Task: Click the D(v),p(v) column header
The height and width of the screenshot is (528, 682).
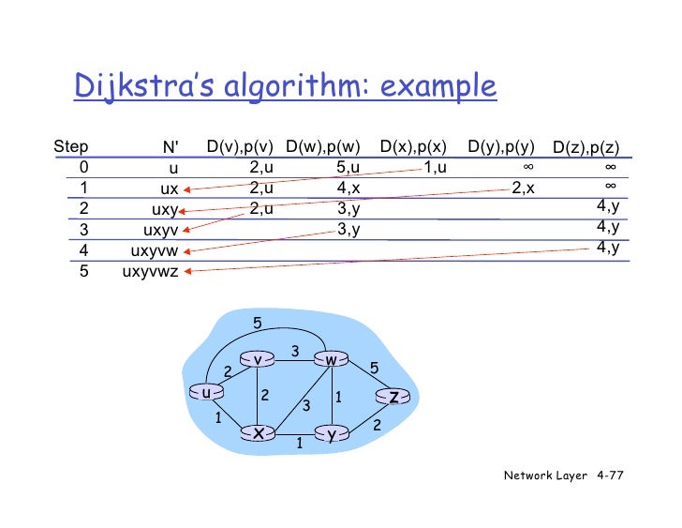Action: (240, 146)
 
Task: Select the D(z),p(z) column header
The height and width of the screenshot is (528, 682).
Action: (586, 147)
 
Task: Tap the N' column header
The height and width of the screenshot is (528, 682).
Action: (170, 147)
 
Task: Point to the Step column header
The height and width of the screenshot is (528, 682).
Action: (71, 147)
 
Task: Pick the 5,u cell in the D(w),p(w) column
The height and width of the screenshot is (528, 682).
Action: (348, 168)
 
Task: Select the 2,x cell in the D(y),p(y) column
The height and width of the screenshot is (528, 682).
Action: (523, 188)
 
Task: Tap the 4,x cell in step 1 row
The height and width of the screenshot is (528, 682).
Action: (348, 188)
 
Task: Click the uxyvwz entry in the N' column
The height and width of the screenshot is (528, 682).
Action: (150, 272)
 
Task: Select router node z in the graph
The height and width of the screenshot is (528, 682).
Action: (394, 397)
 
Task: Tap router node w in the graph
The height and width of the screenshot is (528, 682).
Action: (331, 359)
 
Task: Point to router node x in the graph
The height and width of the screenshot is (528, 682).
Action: (257, 432)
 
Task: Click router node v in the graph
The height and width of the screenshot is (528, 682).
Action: (257, 359)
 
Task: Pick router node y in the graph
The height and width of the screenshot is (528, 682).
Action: (331, 433)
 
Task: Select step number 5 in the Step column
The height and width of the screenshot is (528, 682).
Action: (84, 272)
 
